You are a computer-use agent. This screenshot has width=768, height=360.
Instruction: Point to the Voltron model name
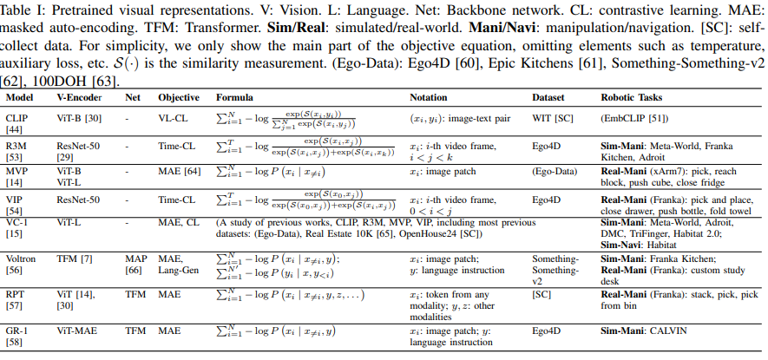pyautogui.click(x=22, y=259)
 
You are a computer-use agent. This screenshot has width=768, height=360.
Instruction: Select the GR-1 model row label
pyautogui.click(x=17, y=331)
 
